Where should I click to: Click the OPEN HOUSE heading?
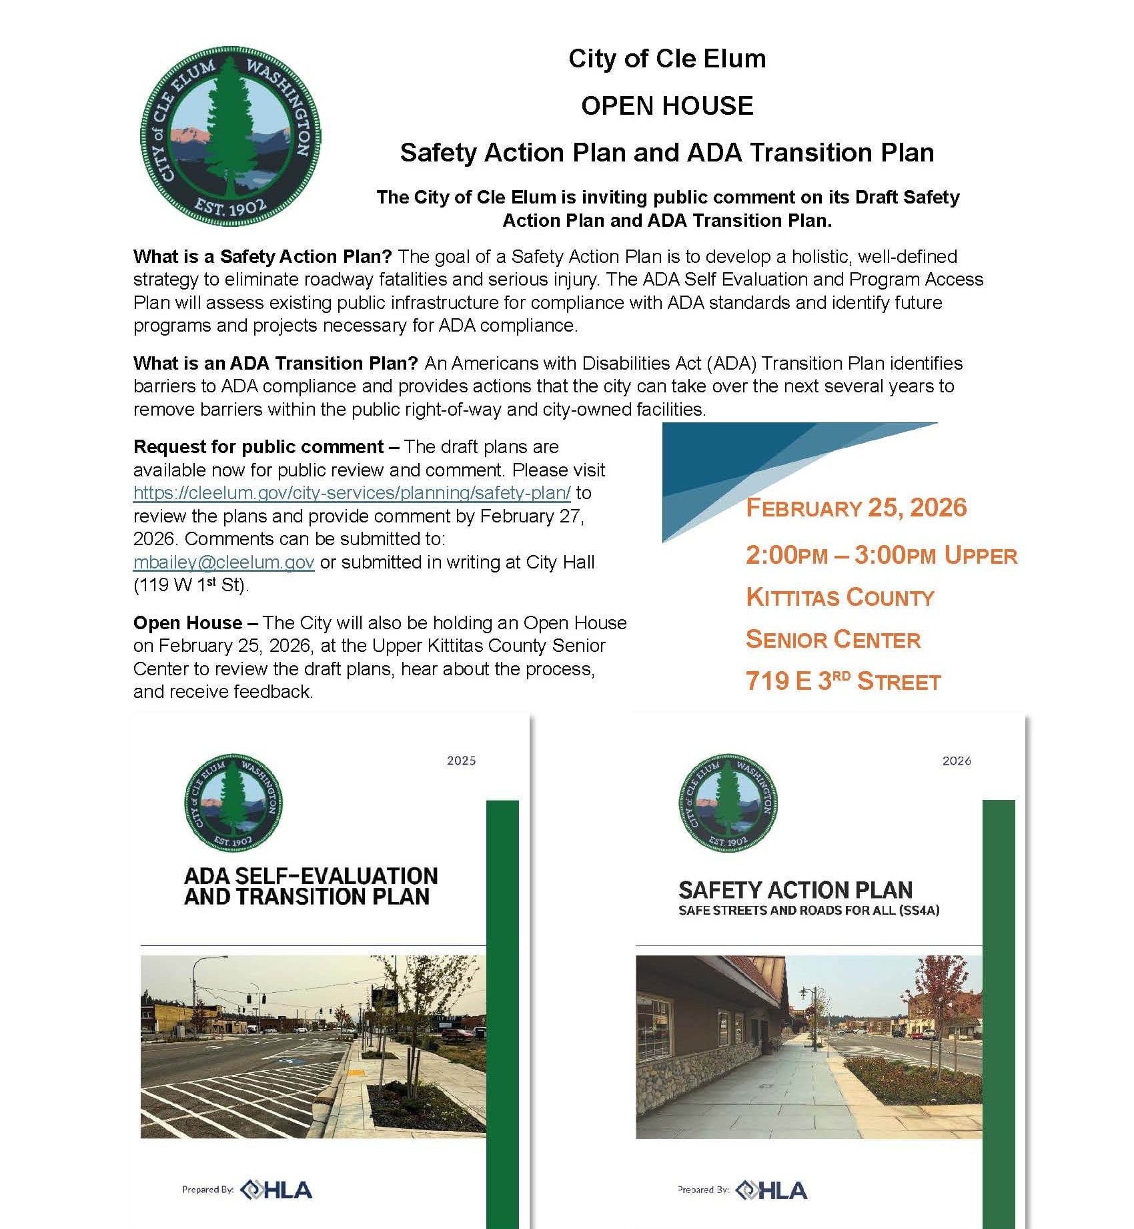(667, 106)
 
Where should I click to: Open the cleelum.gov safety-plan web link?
(352, 493)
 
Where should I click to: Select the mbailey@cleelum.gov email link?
(223, 562)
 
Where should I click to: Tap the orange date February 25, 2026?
(856, 508)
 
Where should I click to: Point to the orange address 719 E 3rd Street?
(842, 681)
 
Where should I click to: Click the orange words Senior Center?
(832, 640)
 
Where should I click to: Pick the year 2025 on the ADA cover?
(461, 761)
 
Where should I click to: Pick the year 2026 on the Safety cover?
(956, 761)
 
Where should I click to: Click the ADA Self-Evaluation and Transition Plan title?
(311, 886)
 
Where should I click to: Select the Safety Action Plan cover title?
(795, 890)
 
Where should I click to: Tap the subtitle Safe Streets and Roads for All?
(808, 911)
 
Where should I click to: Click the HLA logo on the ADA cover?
(276, 1189)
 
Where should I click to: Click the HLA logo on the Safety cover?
(772, 1190)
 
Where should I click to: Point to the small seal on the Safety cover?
(728, 803)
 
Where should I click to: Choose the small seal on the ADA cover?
(233, 803)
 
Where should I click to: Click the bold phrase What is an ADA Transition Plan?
(275, 364)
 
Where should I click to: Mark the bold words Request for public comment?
(259, 447)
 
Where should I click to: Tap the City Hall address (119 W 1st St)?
(191, 586)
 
